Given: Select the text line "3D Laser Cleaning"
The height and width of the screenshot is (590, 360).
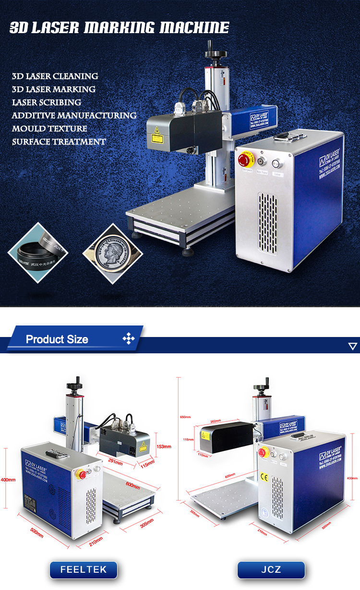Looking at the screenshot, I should pyautogui.click(x=55, y=76).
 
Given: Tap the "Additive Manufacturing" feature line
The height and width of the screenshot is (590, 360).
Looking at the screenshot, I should pyautogui.click(x=74, y=115).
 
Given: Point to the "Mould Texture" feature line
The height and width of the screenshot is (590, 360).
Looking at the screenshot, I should pyautogui.click(x=49, y=129).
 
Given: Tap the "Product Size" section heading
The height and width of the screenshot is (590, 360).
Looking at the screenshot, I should pyautogui.click(x=57, y=339).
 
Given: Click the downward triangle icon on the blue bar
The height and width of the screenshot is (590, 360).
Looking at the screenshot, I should pyautogui.click(x=353, y=346).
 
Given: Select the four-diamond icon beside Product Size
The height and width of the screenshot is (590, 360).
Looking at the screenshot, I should pyautogui.click(x=129, y=339).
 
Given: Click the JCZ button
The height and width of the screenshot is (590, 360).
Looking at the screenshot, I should pyautogui.click(x=271, y=570).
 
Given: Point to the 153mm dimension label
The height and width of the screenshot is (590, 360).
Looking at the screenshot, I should pyautogui.click(x=164, y=446).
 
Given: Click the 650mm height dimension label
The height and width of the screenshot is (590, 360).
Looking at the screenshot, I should pyautogui.click(x=185, y=417).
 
